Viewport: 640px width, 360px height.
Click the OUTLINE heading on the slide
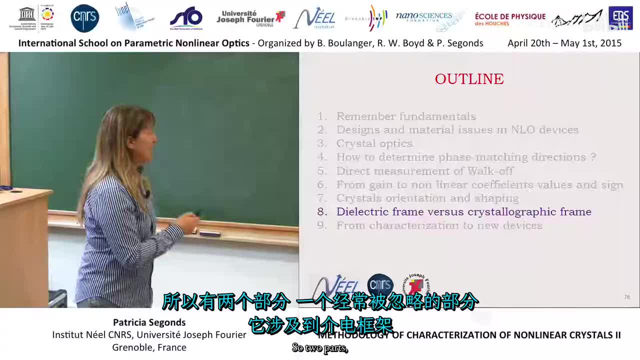click(x=469, y=79)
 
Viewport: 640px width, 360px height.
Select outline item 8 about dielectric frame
click(x=463, y=211)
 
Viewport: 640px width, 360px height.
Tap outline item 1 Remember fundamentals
click(x=405, y=116)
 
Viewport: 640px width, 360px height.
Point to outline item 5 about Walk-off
click(x=424, y=171)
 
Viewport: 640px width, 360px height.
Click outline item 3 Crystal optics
click(x=374, y=143)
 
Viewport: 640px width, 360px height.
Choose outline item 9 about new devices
click(x=439, y=225)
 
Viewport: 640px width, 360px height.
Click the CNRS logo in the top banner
click(x=85, y=18)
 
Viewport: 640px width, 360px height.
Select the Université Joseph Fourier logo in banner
click(x=250, y=18)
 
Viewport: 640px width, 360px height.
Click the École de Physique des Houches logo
click(x=510, y=19)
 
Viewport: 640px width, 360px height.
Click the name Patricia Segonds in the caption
click(x=149, y=322)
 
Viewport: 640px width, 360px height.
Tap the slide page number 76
click(x=627, y=297)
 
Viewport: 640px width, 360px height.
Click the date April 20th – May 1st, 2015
click(x=564, y=43)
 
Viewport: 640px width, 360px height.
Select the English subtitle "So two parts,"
click(x=319, y=348)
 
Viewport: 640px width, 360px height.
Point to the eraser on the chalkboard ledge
click(x=210, y=232)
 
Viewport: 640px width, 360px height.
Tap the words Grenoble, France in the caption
click(x=149, y=347)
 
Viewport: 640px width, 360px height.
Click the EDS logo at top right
click(x=620, y=18)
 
